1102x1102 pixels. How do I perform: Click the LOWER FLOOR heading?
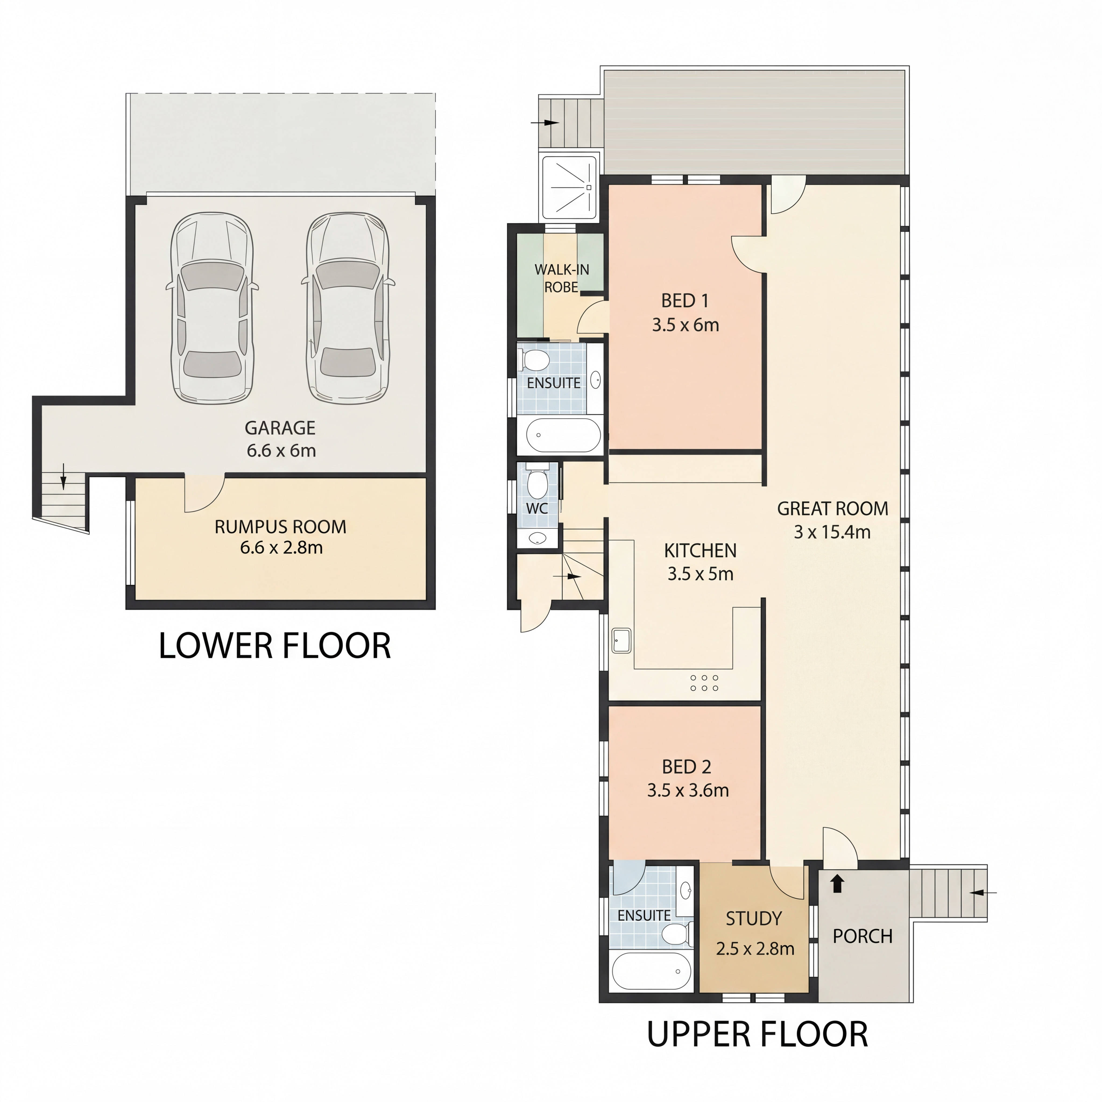click(274, 646)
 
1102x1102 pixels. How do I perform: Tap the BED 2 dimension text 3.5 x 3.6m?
click(688, 790)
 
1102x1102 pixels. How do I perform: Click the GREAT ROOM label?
click(832, 508)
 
